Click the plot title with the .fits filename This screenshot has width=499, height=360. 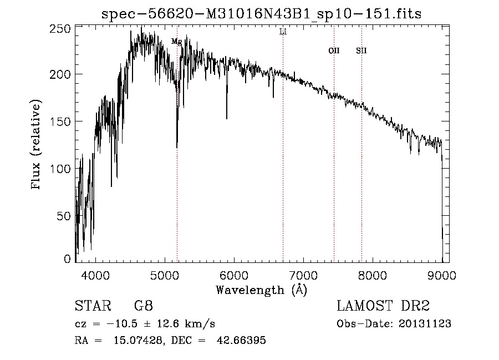pos(262,14)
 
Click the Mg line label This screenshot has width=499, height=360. pos(176,42)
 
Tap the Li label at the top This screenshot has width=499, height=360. pos(283,32)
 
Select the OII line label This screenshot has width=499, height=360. pos(334,51)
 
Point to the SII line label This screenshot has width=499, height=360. pos(361,51)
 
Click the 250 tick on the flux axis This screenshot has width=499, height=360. pos(64,28)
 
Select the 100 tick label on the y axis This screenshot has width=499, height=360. pos(64,168)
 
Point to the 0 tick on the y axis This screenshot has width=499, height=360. pos(68,259)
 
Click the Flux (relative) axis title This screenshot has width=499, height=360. pos(37,145)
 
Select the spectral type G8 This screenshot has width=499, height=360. pos(144,307)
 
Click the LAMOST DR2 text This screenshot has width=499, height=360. pos(383,307)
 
